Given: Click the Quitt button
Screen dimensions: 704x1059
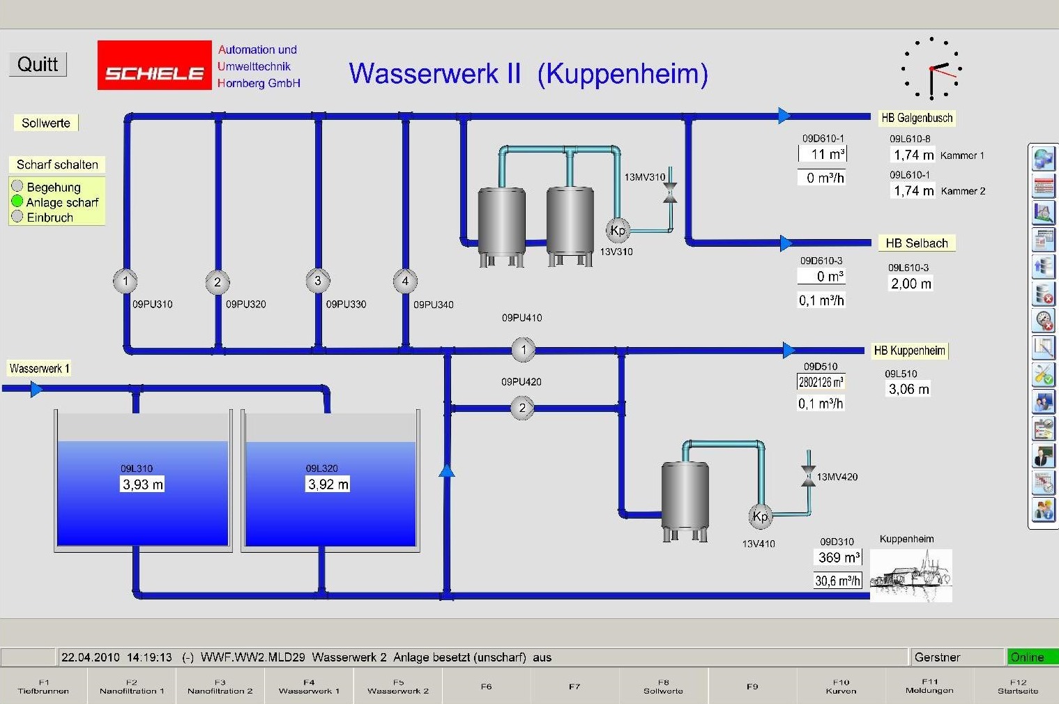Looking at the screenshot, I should coord(38,64).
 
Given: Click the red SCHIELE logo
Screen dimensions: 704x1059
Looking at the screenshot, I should coord(154,66).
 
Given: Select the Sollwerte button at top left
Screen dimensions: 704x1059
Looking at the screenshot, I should coord(46,123).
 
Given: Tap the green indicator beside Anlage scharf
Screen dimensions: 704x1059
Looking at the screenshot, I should coord(17,201).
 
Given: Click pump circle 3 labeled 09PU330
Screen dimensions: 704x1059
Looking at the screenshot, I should coord(318,281).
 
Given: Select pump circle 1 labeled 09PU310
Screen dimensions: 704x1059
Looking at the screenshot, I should coord(125,281).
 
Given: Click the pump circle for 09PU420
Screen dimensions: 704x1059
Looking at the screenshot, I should coord(522,408).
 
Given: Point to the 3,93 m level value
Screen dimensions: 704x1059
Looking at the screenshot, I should coord(143,484).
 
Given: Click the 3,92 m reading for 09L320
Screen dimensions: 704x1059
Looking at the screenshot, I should coord(328,484).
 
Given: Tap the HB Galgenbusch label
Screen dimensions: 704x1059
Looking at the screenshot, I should coord(916,118).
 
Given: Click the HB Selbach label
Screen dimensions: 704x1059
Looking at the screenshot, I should coord(916,243).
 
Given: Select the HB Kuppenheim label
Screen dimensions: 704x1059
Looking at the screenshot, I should coord(909,351).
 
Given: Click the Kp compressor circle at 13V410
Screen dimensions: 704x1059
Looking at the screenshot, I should coord(760,516).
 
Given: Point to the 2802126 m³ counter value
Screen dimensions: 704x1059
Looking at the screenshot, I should coord(821,382).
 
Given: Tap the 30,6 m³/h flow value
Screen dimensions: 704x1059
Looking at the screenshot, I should coord(837,581).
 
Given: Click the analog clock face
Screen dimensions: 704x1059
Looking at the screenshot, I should coord(931,68).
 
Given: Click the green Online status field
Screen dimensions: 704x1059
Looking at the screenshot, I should coord(1032,657).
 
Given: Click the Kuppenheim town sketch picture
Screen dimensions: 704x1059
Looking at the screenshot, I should coord(911,576).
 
